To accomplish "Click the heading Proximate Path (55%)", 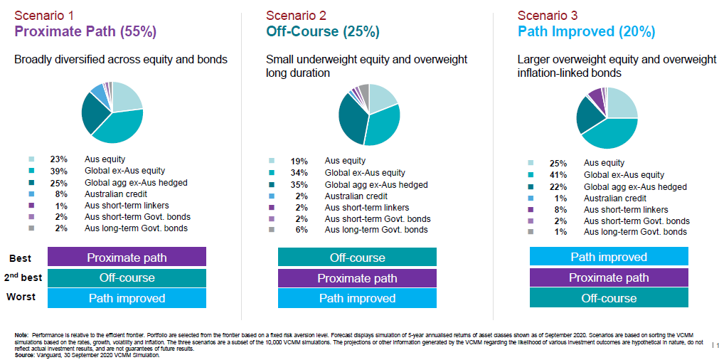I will coord(85,32).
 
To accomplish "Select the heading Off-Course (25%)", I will coord(323,32).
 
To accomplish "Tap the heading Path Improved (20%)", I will coord(586,32).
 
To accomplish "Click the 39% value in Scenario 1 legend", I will coord(58,171).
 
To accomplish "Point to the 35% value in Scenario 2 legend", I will coord(299,184).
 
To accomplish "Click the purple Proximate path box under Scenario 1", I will coord(127,257).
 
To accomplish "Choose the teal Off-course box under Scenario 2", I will coord(357,258).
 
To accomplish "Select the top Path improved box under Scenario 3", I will coord(609,257).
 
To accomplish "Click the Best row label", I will coord(21,258).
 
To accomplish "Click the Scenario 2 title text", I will coord(296,14).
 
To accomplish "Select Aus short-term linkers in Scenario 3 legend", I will coord(626,210).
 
